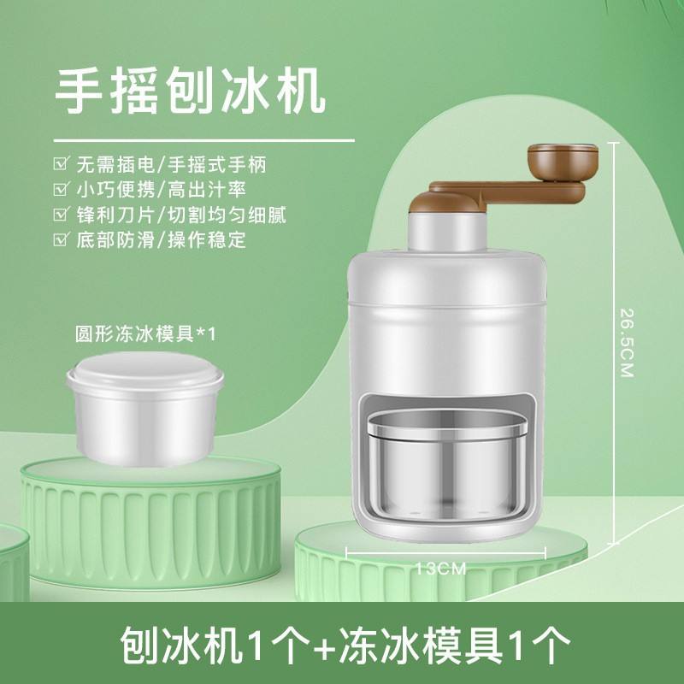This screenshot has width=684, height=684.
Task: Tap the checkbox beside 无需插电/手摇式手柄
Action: point(61,164)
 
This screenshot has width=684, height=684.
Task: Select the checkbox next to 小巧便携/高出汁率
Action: point(61,189)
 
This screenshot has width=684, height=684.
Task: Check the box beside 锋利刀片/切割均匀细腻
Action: point(61,215)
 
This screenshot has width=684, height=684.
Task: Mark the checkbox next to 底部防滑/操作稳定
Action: point(61,239)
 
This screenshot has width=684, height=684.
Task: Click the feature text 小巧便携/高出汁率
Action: point(162,189)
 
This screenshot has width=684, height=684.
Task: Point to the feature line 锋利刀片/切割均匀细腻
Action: point(181,215)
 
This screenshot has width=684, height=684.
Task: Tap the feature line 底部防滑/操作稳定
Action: point(162,239)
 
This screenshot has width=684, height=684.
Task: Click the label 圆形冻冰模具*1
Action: point(145,334)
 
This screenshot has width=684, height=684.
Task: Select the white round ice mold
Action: point(145,409)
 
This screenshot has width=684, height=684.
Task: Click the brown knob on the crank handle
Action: point(563,162)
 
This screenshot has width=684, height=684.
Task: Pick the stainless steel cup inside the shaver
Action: point(446,464)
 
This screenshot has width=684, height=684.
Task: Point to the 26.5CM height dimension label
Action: point(627,343)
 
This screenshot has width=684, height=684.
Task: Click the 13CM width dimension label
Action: point(440,569)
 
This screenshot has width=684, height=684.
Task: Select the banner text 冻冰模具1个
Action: point(455,646)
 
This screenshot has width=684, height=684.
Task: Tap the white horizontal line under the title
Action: point(204,140)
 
